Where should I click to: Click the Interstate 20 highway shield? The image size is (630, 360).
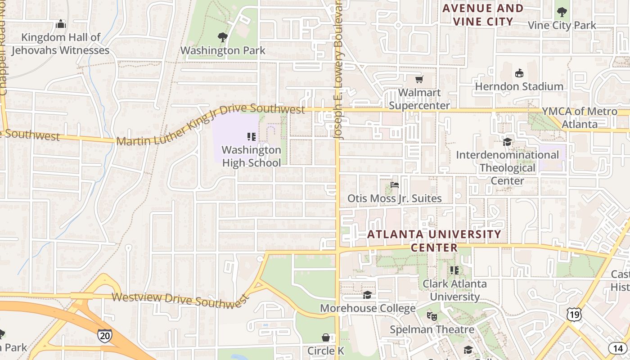click(x=104, y=336)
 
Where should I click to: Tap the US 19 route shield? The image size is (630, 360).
click(x=574, y=315)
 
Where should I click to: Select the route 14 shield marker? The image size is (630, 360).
click(x=616, y=348)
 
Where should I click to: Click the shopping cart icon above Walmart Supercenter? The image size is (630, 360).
click(x=419, y=80)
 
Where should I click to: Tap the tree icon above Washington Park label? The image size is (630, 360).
click(x=222, y=37)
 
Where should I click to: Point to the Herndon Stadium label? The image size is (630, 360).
click(x=519, y=86)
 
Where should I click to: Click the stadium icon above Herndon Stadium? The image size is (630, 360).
click(x=519, y=73)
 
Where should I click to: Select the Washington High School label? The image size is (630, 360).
click(x=251, y=156)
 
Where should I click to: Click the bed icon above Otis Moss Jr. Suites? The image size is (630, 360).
click(x=395, y=184)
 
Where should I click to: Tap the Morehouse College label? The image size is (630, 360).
click(x=368, y=308)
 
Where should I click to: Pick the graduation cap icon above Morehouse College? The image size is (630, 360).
click(x=367, y=295)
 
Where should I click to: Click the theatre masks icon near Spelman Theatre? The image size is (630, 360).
click(x=432, y=316)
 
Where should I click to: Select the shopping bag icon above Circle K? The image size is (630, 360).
click(x=326, y=337)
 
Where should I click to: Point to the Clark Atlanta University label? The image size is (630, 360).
click(x=454, y=290)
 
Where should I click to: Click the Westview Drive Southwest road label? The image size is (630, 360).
click(x=180, y=301)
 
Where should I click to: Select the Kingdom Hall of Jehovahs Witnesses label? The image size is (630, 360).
click(x=60, y=44)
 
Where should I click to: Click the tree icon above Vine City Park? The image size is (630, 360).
click(x=561, y=12)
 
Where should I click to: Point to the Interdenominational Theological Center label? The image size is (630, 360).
click(x=507, y=168)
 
